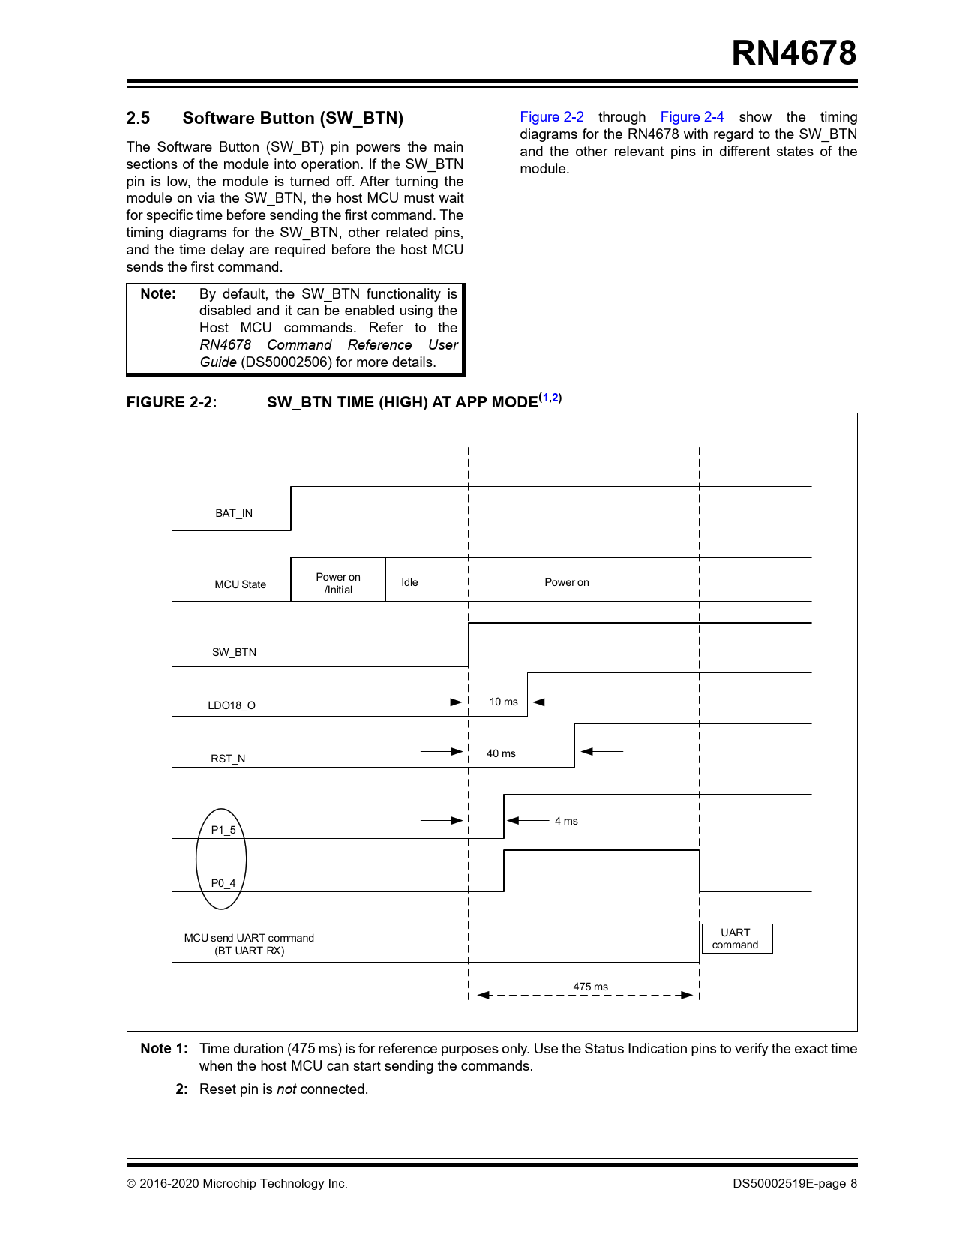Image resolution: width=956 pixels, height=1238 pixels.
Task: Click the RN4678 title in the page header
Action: click(793, 53)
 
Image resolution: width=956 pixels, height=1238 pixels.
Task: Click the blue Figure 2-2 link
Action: click(551, 117)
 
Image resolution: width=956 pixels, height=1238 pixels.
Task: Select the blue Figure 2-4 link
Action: click(691, 117)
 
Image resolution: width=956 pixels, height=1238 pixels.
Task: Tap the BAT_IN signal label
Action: click(234, 514)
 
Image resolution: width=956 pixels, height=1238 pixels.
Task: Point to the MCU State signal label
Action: click(240, 584)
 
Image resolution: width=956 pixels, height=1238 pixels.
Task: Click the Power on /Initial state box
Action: click(338, 583)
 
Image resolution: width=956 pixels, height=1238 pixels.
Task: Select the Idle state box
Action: click(409, 582)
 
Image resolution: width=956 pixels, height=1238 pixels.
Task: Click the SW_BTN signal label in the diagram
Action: click(234, 652)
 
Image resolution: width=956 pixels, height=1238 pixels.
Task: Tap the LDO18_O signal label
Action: click(232, 705)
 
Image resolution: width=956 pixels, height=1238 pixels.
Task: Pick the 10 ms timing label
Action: click(503, 702)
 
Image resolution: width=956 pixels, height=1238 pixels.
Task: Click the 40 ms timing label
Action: click(501, 753)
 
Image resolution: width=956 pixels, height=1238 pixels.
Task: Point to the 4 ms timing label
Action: click(566, 821)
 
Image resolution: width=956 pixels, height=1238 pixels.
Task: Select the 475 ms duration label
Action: click(590, 987)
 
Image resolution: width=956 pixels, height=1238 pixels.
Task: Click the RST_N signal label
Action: click(228, 759)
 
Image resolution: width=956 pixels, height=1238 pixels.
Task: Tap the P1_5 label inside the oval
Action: click(223, 830)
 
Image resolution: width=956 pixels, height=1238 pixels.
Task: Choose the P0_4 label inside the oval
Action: click(223, 883)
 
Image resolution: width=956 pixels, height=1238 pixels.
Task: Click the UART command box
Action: click(736, 939)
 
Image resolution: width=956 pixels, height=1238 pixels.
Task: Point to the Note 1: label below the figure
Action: click(163, 1049)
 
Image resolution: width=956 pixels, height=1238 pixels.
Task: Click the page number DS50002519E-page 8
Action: click(795, 1184)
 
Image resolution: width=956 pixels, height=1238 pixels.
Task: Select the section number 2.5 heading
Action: click(138, 119)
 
